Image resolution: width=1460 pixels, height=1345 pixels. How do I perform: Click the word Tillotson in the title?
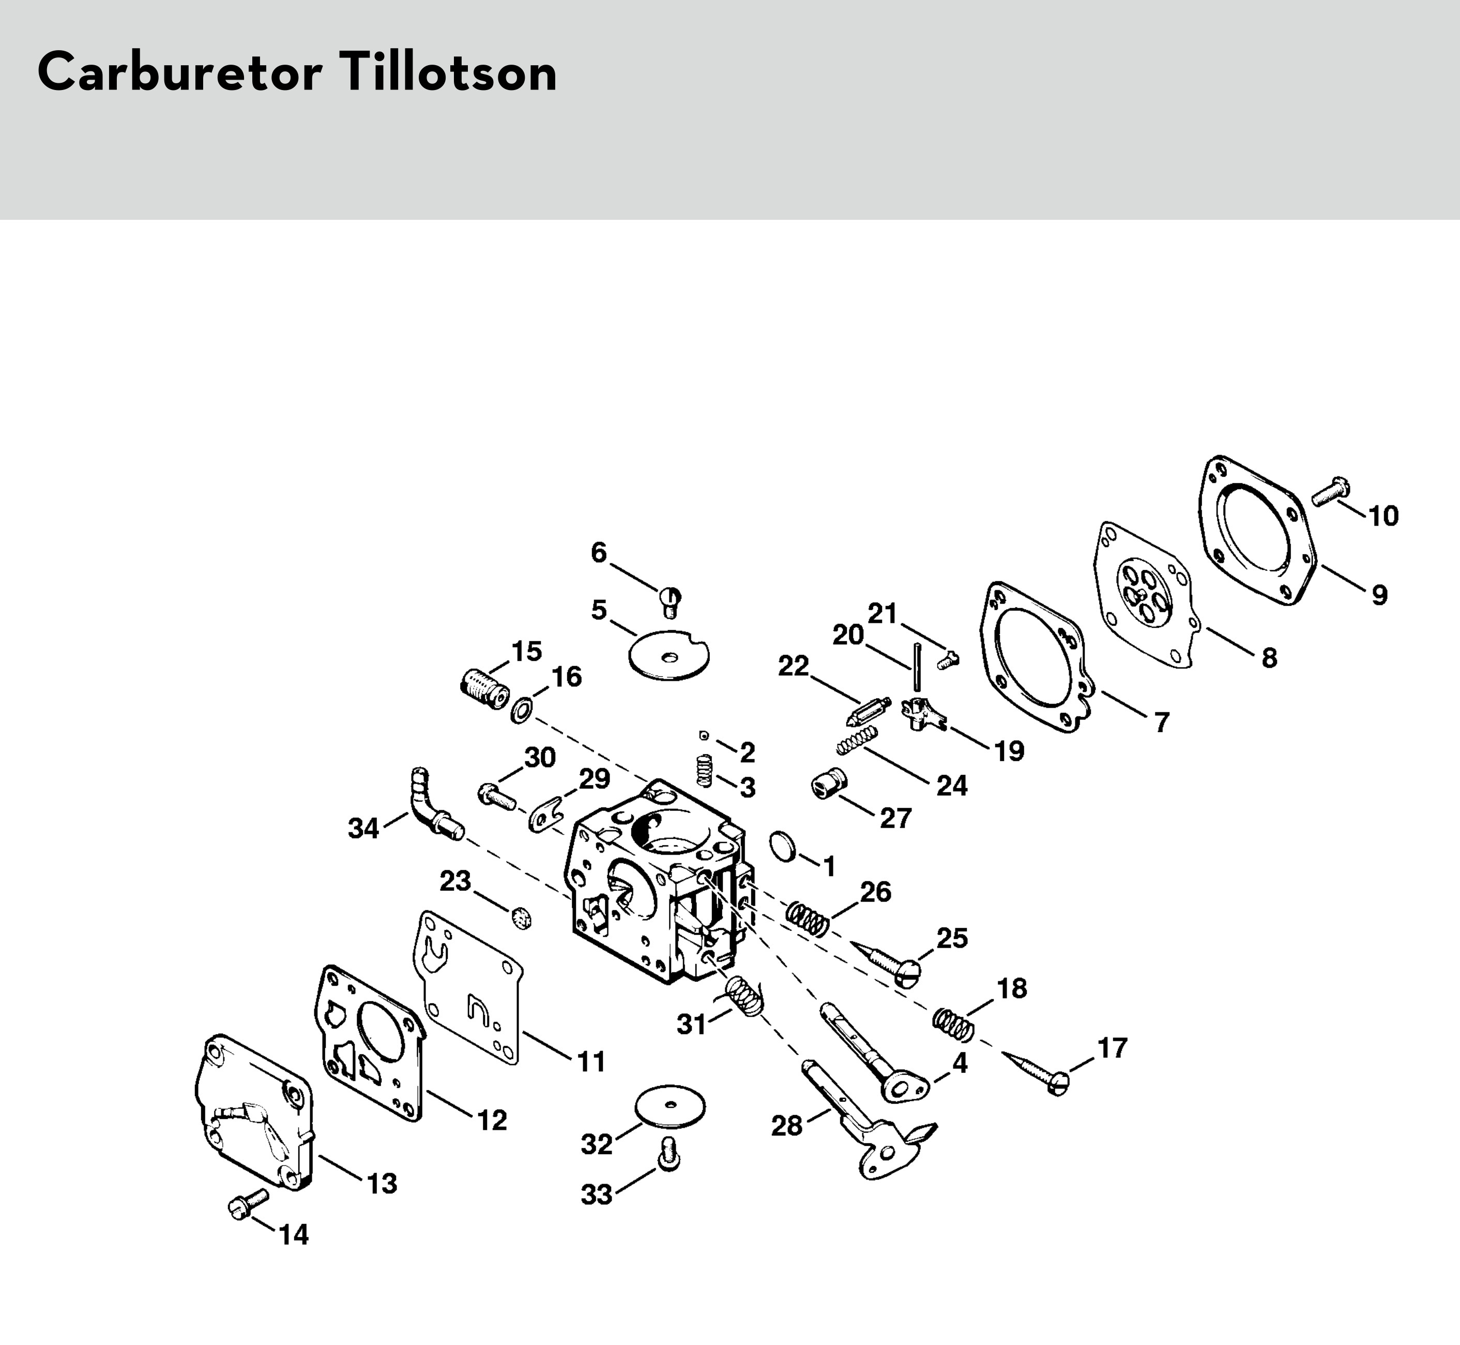pyautogui.click(x=447, y=73)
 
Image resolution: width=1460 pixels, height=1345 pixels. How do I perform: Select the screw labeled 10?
pyautogui.click(x=1330, y=491)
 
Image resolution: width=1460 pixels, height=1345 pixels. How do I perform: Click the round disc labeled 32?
pyautogui.click(x=670, y=1107)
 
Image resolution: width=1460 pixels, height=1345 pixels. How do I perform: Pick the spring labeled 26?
pyautogui.click(x=808, y=919)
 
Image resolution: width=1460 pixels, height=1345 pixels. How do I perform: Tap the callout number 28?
pyautogui.click(x=786, y=1126)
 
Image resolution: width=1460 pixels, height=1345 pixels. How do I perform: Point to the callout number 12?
pyautogui.click(x=492, y=1120)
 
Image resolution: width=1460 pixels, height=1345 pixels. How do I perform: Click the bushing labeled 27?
pyautogui.click(x=827, y=784)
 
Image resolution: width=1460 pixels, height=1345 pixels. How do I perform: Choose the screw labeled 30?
pyautogui.click(x=497, y=795)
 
